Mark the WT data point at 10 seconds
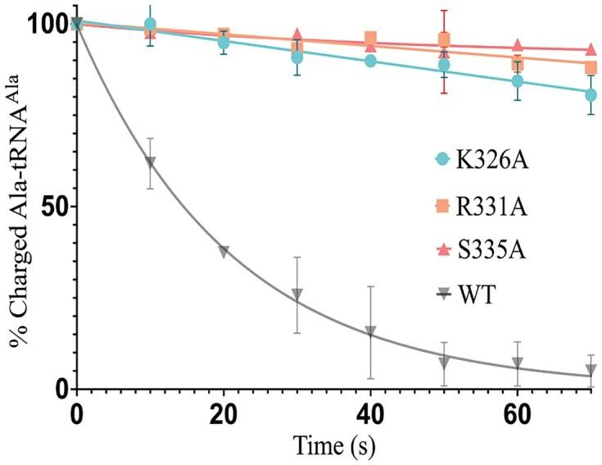pos(150,162)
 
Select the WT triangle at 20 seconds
pos(224,252)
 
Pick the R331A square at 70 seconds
pos(591,67)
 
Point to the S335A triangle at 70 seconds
pos(591,49)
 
